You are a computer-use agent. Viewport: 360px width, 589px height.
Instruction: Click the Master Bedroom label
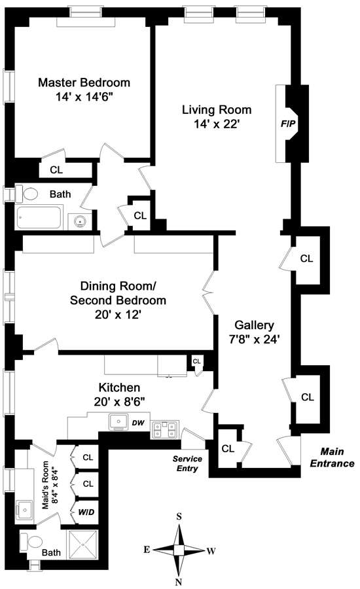click(84, 82)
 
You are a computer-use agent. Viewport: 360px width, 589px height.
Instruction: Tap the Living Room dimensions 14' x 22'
click(217, 124)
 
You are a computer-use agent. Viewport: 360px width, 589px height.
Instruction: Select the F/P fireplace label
click(288, 124)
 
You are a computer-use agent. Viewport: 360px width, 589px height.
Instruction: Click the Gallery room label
click(255, 325)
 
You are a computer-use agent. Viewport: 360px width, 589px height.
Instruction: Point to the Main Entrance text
click(333, 457)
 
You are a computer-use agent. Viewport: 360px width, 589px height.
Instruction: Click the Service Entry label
click(187, 463)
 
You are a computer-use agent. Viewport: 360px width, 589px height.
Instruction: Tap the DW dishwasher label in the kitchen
click(138, 423)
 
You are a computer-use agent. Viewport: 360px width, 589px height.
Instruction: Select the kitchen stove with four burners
click(165, 430)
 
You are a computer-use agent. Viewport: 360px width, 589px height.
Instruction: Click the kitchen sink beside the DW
click(118, 422)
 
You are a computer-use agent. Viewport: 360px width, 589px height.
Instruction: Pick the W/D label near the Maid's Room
click(86, 512)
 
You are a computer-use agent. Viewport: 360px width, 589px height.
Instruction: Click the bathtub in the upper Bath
click(39, 217)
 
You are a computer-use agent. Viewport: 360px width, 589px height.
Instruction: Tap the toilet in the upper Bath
click(27, 194)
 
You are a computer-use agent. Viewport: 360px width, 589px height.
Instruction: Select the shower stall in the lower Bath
click(82, 545)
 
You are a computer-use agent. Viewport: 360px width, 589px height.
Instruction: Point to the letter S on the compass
click(179, 517)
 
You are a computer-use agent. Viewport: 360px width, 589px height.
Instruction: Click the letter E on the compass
click(147, 550)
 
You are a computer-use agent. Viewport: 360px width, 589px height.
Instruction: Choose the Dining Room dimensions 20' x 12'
click(118, 315)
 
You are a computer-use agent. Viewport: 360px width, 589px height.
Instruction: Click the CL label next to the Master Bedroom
click(57, 170)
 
